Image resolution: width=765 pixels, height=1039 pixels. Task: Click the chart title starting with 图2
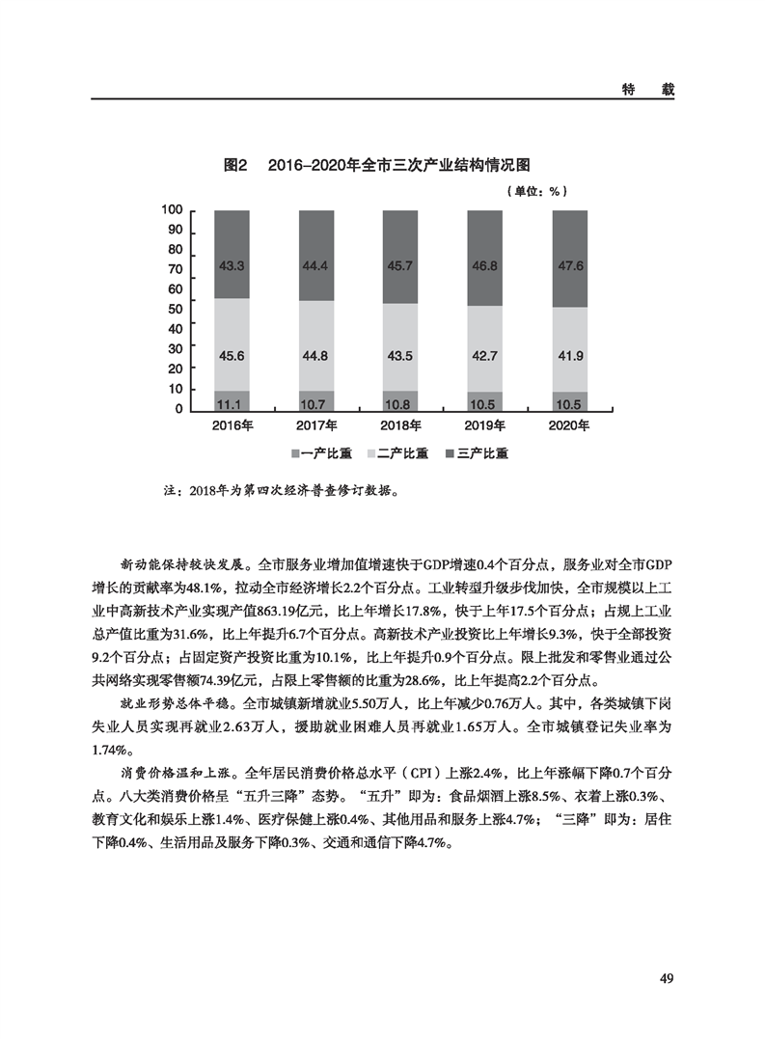point(378,165)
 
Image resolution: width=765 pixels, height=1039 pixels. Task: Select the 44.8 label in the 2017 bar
point(316,356)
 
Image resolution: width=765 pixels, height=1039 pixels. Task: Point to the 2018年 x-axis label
point(401,425)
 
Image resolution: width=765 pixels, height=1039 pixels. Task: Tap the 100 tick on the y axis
point(173,210)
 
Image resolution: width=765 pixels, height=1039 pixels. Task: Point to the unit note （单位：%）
point(533,191)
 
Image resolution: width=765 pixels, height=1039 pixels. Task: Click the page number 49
point(666,978)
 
